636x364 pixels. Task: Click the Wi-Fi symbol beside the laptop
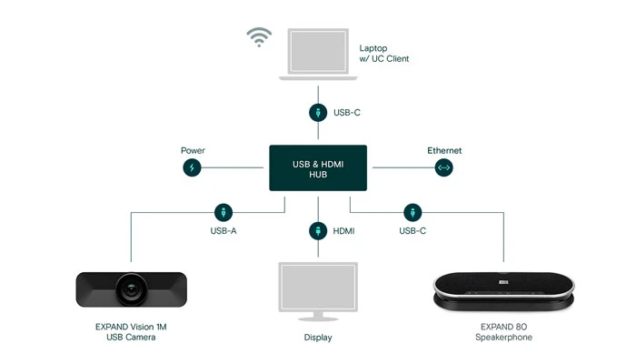tap(259, 38)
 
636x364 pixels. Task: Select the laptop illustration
tap(317, 55)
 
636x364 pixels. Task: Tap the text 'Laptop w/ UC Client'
tap(384, 53)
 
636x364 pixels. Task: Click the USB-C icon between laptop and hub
tap(317, 113)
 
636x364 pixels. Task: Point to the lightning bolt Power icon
tap(192, 167)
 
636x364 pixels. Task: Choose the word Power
tap(193, 150)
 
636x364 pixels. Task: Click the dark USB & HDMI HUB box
tap(317, 167)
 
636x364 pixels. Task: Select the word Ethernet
tap(445, 150)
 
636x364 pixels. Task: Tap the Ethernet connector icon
tap(444, 167)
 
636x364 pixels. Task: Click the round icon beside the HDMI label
tap(317, 230)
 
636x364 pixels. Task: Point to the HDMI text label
tap(343, 231)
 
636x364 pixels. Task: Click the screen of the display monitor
tap(317, 288)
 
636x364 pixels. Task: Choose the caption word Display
tap(317, 338)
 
